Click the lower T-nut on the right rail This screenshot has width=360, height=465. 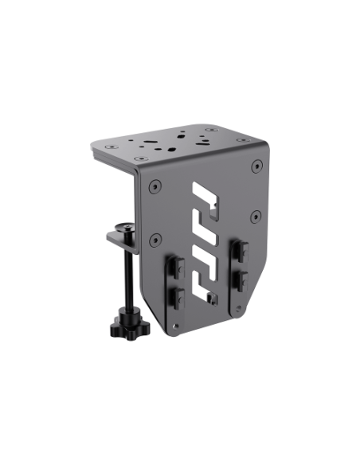[x=239, y=279]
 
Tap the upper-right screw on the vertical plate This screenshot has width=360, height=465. [x=256, y=167]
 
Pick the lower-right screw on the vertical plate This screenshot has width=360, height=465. [x=256, y=215]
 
